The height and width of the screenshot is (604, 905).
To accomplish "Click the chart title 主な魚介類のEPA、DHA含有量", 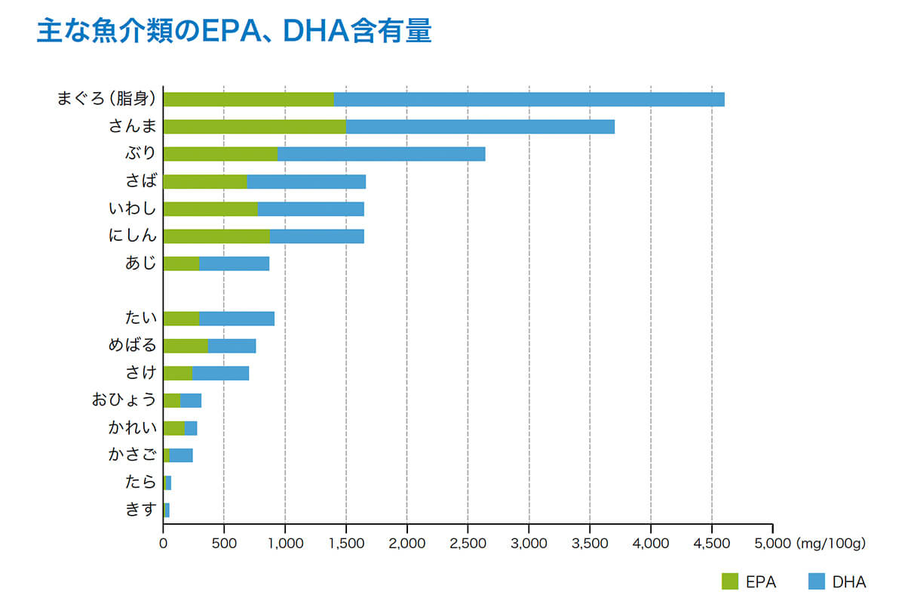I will (x=234, y=32).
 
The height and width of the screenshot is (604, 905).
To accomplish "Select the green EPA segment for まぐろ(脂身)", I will (x=248, y=99).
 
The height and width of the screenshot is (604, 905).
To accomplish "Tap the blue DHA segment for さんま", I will (x=480, y=127).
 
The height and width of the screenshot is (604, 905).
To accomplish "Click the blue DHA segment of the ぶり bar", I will (x=381, y=154).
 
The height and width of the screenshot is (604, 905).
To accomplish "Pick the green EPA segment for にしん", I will (x=216, y=236).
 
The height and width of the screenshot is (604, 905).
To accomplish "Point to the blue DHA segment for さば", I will (x=306, y=181).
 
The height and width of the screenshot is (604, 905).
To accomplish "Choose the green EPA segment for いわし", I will (x=210, y=209).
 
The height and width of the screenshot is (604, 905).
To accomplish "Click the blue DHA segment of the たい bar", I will (x=236, y=319).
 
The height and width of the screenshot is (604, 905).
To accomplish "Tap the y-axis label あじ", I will (x=140, y=263).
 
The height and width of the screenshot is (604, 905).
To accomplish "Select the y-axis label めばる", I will (x=132, y=346).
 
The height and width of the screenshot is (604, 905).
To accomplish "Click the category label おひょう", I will (x=124, y=400).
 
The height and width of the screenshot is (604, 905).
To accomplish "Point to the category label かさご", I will (x=132, y=455).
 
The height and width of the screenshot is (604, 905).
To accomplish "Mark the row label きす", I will (x=140, y=510).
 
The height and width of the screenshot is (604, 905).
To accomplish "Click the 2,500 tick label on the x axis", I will (x=468, y=543).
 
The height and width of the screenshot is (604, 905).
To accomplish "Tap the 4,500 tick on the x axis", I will (x=712, y=543).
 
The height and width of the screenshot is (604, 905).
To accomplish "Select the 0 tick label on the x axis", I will (x=164, y=543).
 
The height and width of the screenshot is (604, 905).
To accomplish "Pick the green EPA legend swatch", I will (x=729, y=581).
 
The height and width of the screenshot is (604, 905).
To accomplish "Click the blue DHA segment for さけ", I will (x=220, y=373).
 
